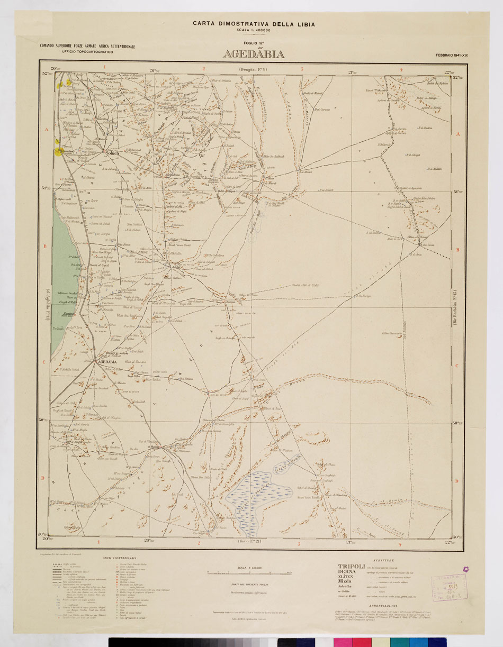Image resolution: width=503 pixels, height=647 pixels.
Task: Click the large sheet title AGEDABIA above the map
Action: (254, 54)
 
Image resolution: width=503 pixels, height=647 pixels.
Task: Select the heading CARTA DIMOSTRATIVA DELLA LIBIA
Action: (254, 24)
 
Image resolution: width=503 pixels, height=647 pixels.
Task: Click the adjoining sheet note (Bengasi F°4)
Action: (254, 69)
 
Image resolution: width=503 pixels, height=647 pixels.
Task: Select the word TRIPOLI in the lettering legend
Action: (352, 567)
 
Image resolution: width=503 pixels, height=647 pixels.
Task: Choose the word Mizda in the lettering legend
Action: (346, 580)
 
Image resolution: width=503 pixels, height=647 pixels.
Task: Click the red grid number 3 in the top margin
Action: (302, 68)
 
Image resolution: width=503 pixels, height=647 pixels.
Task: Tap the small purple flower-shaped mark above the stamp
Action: (465, 569)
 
